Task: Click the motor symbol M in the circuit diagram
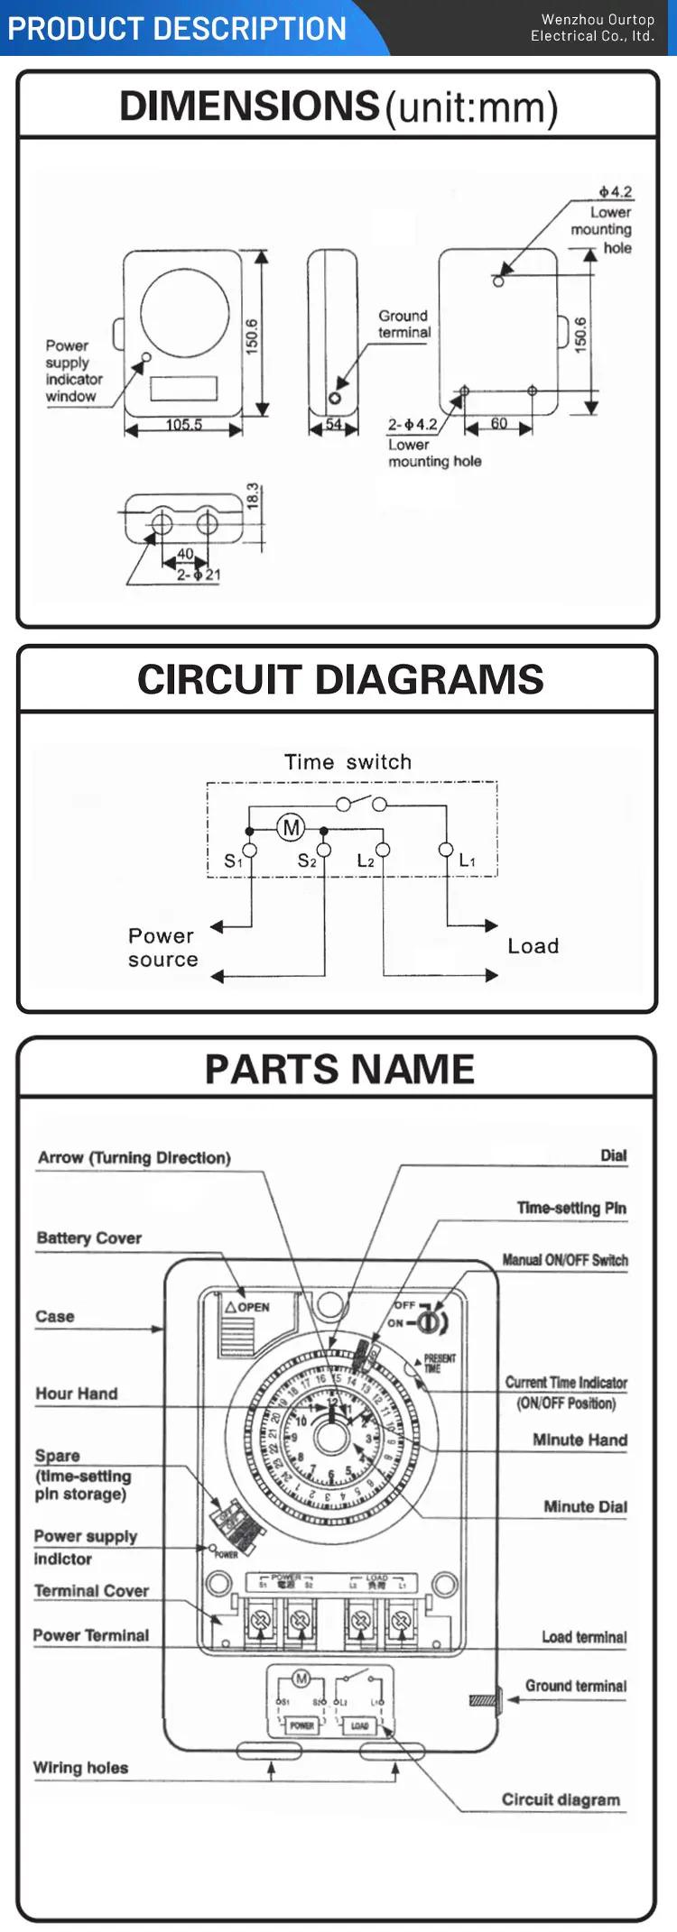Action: coord(291,827)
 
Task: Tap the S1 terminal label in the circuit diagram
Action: coord(233,861)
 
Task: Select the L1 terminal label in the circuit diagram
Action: coord(467,860)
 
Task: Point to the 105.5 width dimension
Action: coord(183,424)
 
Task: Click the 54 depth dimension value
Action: coord(334,424)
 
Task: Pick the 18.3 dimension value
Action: coord(253,495)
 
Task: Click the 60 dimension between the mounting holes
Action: coord(498,423)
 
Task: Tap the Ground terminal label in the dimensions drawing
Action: coord(403,324)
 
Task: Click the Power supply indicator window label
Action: coord(73,371)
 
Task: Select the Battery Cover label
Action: coord(88,1238)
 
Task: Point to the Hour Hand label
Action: coord(76,1394)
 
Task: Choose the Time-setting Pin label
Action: coord(571,1208)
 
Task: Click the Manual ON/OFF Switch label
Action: coord(565,1260)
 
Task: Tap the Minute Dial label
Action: coord(585,1506)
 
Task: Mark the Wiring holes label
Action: coord(80,1768)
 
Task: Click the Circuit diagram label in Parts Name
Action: coord(561,1799)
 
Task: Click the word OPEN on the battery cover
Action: coord(253,1307)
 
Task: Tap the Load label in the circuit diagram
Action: coord(533,946)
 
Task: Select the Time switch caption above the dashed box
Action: coord(348,762)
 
